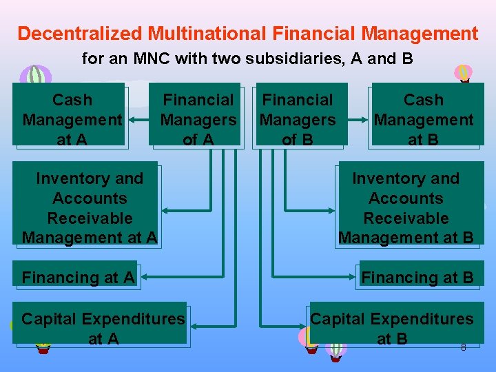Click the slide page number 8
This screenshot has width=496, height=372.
coord(463,347)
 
